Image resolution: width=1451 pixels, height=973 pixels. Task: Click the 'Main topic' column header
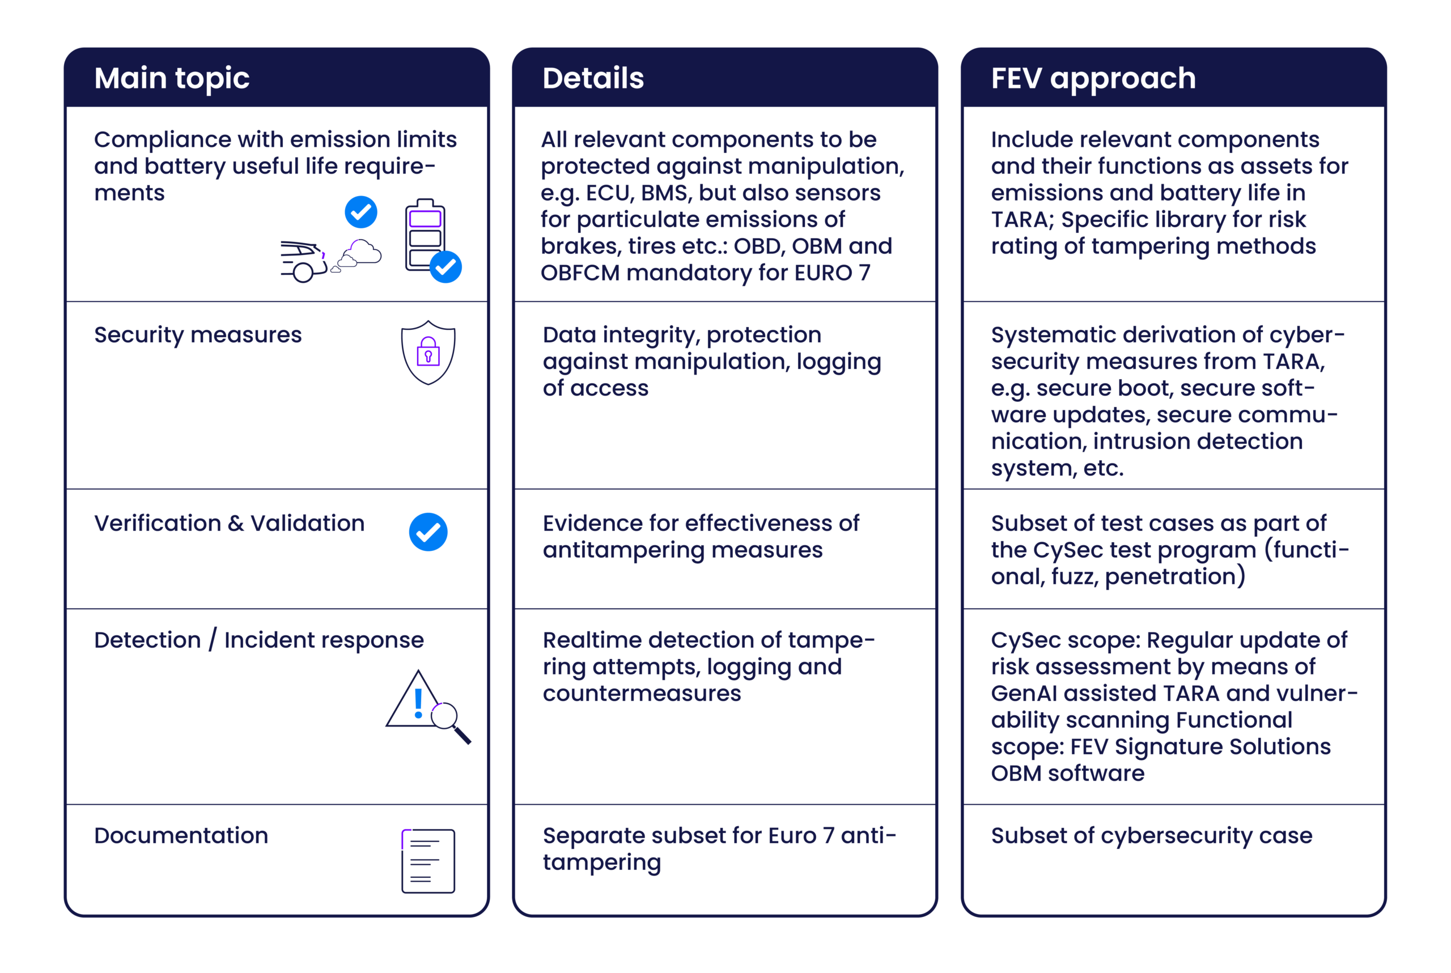172,79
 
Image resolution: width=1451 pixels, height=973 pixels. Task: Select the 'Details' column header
593,79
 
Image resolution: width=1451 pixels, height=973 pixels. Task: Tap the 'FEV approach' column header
1093,79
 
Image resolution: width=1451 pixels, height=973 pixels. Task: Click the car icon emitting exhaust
303,261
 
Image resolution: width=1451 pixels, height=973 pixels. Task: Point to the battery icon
425,235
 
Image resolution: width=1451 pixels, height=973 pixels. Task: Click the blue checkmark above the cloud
360,212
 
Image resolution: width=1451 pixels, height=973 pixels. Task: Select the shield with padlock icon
428,352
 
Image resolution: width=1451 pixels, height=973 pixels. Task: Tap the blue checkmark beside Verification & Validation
428,532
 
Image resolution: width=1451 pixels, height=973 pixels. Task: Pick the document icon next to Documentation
428,861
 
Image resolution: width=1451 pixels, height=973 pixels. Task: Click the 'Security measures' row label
197,335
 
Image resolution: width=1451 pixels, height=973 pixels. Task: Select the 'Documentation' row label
181,836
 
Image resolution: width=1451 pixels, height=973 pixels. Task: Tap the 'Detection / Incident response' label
259,640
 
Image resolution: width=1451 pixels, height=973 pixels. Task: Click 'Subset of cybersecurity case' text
1151,836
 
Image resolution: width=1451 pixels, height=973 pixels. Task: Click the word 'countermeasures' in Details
642,694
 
